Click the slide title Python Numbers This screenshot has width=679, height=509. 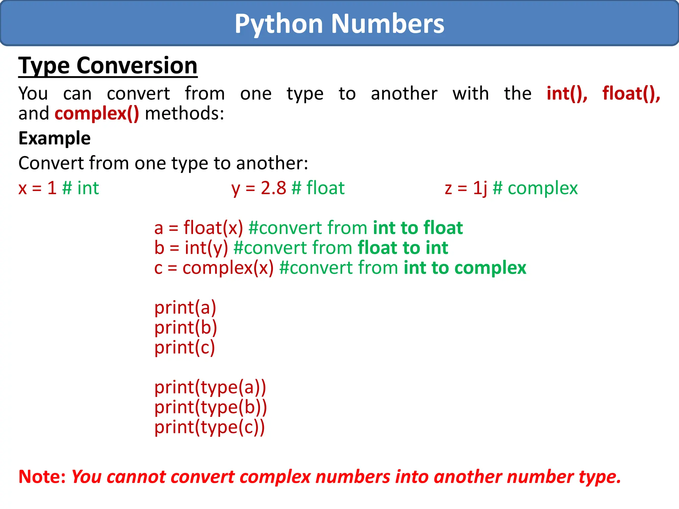point(339,24)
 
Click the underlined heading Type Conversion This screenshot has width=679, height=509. point(108,66)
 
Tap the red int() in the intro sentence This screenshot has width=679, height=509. point(567,93)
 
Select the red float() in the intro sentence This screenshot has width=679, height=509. point(631,93)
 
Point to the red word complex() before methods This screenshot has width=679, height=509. point(97,114)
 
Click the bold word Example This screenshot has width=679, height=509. point(54,138)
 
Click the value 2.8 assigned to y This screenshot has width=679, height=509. point(273,188)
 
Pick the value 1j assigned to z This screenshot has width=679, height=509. point(480,188)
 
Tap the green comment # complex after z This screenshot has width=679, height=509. point(535,188)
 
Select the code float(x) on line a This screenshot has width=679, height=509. point(213,228)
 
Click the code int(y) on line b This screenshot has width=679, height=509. point(206,248)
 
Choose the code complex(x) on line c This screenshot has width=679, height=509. point(228,268)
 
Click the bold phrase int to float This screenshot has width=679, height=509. point(418,228)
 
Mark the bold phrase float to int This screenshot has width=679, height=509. point(403,248)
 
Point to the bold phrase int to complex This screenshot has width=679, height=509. point(465,268)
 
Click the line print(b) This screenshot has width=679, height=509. point(186,328)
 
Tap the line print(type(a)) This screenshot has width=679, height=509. point(210,387)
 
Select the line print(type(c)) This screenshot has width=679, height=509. point(210,427)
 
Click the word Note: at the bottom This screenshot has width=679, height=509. point(42,477)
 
